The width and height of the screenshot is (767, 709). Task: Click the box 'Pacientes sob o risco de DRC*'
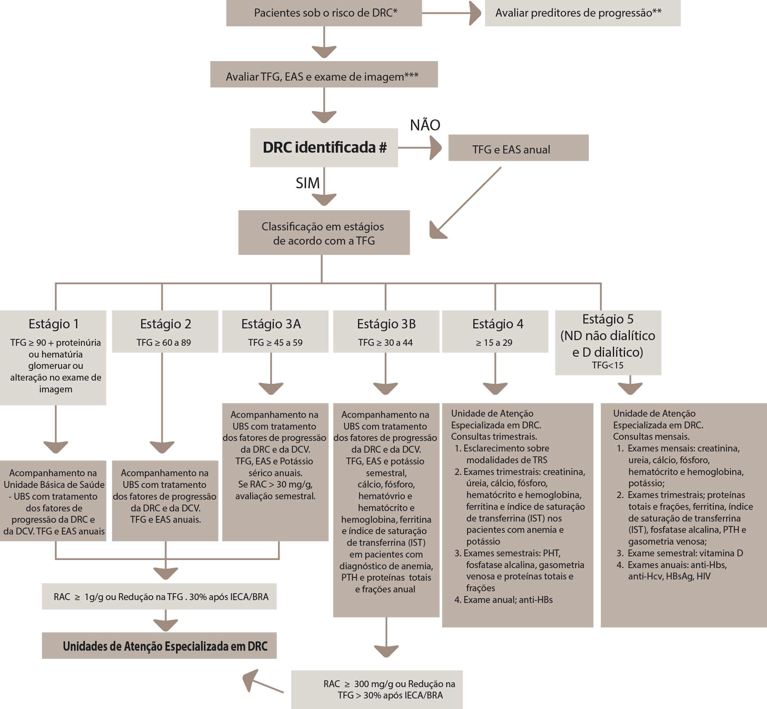[x=324, y=13]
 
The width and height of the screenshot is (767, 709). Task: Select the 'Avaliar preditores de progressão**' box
[x=583, y=13]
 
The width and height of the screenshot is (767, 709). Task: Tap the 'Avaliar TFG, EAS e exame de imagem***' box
[x=324, y=75]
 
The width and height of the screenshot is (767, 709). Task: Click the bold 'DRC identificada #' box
[x=324, y=148]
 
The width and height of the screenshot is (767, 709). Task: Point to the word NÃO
[x=425, y=125]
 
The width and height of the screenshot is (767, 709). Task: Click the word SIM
[x=307, y=183]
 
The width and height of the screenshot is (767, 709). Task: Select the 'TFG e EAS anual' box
[x=519, y=148]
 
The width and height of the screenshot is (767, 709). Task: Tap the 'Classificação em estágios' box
[x=324, y=232]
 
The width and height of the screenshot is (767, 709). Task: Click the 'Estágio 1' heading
[x=54, y=324]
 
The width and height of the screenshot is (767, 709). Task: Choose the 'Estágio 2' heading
[x=165, y=324]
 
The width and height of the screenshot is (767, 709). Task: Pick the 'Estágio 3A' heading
[x=271, y=324]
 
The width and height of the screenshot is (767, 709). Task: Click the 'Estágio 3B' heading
[x=386, y=324]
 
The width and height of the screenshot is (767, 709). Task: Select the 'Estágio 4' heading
[x=498, y=324]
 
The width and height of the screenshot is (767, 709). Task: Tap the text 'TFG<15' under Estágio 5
[x=608, y=365]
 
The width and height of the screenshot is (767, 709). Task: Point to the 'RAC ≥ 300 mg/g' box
[x=377, y=690]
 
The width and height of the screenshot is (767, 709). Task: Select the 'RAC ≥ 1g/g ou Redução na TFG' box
[x=159, y=596]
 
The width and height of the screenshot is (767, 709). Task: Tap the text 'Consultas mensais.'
[x=651, y=436]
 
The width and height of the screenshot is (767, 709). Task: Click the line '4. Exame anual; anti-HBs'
[x=503, y=600]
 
